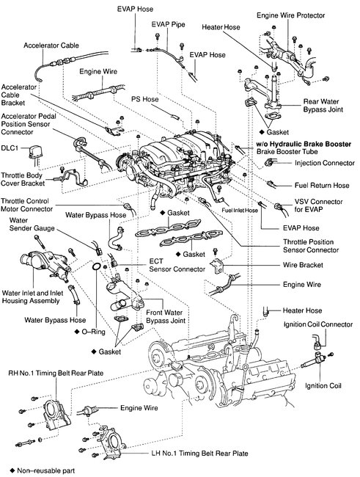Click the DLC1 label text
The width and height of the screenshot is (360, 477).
click(10, 148)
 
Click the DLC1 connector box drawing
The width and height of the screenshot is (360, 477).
click(35, 153)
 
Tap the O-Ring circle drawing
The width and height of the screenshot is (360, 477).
click(96, 266)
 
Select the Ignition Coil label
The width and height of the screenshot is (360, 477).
click(323, 386)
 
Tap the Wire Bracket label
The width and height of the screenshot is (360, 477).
click(303, 265)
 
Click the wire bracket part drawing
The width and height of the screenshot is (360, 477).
click(218, 266)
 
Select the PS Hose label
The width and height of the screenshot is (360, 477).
click(145, 99)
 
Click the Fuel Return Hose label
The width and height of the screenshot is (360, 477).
click(322, 185)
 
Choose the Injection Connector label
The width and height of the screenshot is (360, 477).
click(324, 163)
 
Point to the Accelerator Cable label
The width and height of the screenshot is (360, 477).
click(51, 45)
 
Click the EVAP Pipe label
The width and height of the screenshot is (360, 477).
click(169, 24)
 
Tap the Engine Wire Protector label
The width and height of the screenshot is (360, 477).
click(290, 15)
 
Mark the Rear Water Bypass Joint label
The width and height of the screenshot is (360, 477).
click(323, 106)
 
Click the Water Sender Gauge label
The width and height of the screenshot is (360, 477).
click(32, 225)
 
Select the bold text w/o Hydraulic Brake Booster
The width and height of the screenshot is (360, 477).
click(304, 144)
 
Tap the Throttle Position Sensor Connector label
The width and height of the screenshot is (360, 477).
click(311, 246)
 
